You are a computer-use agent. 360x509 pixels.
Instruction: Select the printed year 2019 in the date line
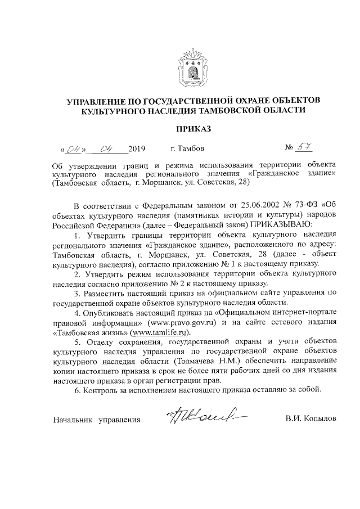137,150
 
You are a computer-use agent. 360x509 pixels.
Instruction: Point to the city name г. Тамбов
187,150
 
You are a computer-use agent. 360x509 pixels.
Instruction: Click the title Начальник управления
96,420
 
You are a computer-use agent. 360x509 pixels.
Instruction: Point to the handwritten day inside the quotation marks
74,150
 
